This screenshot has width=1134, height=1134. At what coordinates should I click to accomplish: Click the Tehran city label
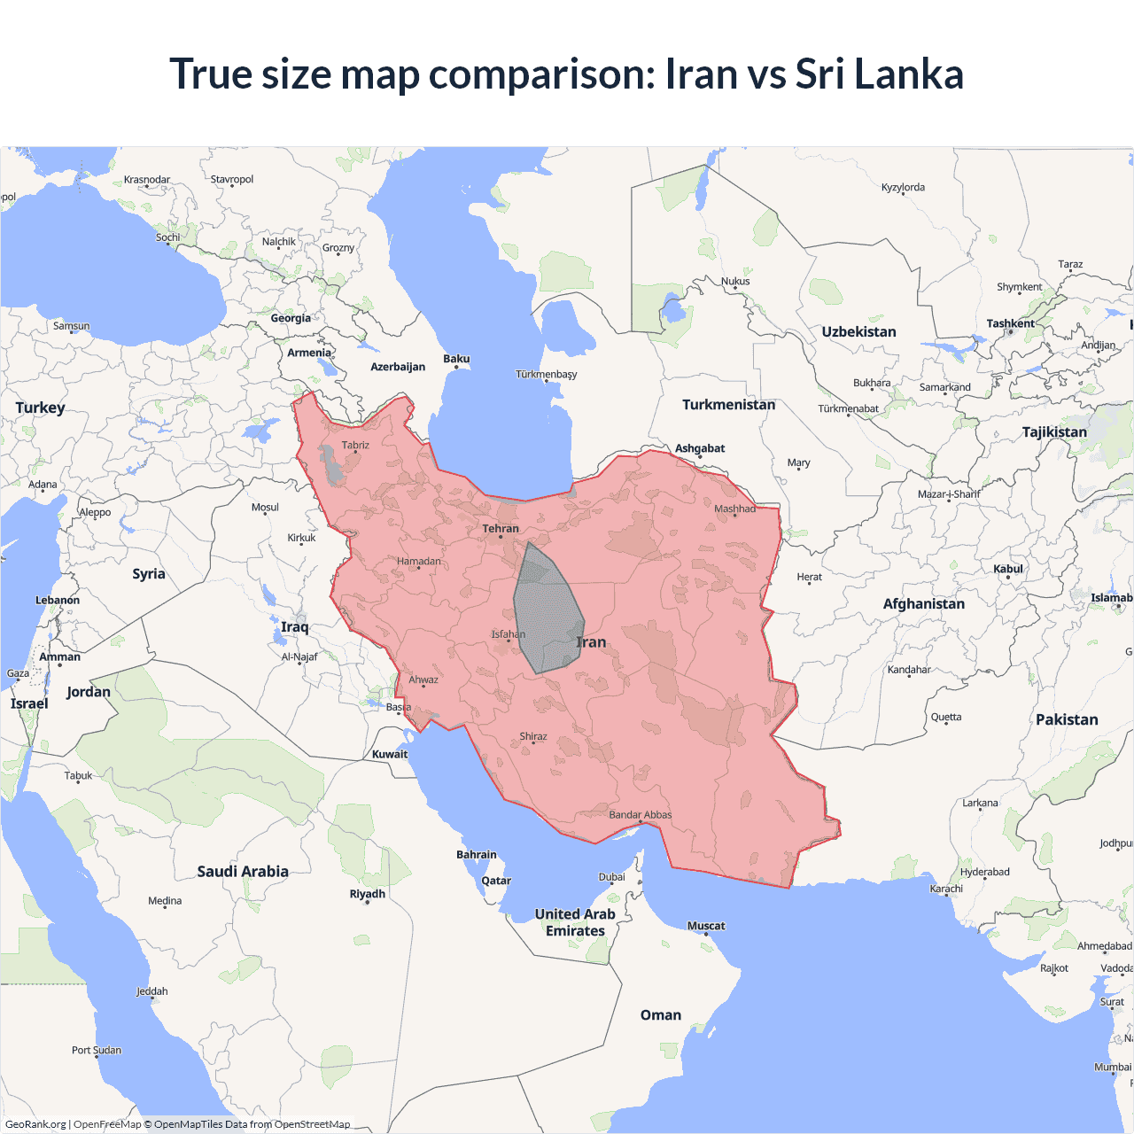pos(501,529)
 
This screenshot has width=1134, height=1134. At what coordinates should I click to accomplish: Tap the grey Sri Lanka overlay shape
pos(545,611)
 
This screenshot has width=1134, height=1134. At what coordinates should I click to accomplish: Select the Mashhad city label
pos(734,509)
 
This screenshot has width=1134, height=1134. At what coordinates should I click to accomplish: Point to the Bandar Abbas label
pos(640,815)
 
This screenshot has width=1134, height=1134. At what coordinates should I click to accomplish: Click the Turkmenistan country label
pos(728,405)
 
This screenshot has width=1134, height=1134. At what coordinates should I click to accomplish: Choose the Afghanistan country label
pos(923,604)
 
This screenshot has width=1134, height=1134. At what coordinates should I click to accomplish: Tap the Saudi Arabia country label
pos(243,872)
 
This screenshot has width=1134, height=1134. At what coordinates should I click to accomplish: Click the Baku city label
pos(456,359)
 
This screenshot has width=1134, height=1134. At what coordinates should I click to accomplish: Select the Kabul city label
pos(1007,569)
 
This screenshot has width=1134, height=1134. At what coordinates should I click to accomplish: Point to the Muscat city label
pos(706,926)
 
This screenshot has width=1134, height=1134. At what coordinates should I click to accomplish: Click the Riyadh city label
pos(367,894)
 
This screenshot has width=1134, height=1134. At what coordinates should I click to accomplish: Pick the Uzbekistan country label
pos(858,332)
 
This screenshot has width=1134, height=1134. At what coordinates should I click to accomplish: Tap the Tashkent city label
pos(1010,323)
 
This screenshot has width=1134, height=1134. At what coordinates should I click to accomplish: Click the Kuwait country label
pos(390,755)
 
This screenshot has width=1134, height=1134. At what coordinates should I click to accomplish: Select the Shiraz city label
pos(533,737)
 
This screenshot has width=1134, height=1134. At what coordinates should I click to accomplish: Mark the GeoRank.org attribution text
pos(35,1124)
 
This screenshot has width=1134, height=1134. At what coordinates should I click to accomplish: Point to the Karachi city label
pos(945,889)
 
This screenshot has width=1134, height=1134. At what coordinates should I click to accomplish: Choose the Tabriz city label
pos(355,446)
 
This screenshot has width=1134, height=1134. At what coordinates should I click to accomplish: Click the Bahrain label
pos(477,855)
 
